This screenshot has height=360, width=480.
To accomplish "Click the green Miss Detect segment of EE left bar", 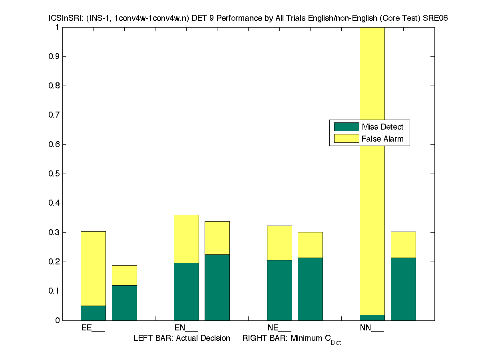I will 93,313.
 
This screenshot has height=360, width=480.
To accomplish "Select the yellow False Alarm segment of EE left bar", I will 93,268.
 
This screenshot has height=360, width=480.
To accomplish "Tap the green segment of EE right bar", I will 124,303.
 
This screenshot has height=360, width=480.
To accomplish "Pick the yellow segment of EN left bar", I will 186,239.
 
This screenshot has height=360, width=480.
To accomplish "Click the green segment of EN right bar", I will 217,287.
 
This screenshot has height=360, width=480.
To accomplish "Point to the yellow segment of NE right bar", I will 310,245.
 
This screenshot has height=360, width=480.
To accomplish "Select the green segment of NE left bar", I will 279,290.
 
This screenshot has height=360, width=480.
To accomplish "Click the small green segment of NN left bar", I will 372,318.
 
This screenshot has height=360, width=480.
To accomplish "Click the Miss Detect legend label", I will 382,127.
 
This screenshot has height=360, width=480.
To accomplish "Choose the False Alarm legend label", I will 382,139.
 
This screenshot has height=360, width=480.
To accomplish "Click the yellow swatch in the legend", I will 347,139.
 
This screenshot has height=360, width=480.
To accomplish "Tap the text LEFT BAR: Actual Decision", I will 182,338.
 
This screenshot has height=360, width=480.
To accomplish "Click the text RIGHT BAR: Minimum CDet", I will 291,339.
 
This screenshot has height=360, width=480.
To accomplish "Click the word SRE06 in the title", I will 430,18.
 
